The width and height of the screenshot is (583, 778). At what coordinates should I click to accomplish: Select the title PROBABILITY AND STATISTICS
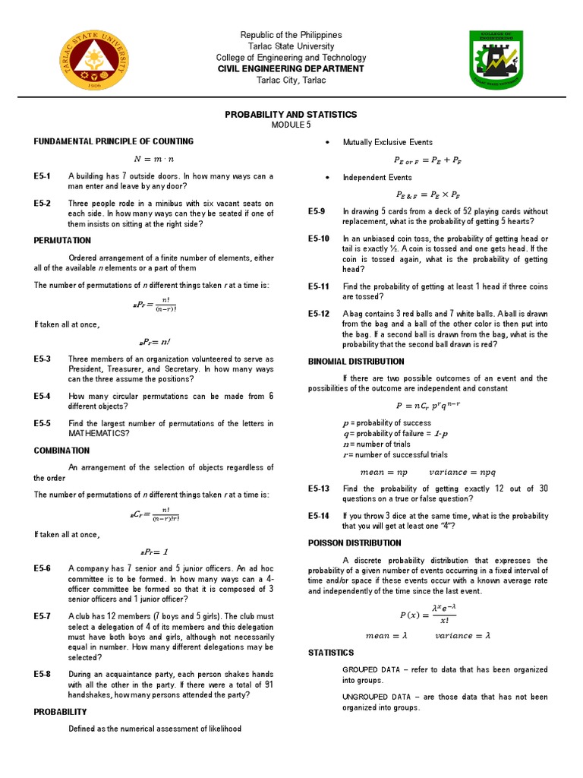[x=291, y=115]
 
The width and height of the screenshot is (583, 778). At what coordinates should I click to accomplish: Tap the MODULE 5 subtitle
[x=291, y=126]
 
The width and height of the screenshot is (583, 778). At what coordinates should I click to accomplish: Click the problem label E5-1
[x=42, y=176]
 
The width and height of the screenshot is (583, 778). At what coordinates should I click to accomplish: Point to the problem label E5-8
[x=42, y=674]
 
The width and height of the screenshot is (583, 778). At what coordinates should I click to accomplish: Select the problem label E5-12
[x=318, y=314]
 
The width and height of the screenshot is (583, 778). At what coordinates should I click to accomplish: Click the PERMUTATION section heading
[x=62, y=240]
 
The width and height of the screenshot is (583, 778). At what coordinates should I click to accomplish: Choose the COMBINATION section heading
[x=61, y=451]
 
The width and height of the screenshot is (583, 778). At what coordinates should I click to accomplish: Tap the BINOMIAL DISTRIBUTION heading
[x=355, y=362]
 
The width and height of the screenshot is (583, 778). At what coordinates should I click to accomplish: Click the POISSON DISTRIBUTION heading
[x=354, y=543]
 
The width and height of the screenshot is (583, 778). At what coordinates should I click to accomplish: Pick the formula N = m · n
[x=154, y=159]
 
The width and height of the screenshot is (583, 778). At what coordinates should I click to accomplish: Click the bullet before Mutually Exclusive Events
[x=327, y=143]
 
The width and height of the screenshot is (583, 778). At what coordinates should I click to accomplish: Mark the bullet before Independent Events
[x=327, y=178]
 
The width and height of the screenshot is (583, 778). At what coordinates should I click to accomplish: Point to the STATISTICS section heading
[x=330, y=653]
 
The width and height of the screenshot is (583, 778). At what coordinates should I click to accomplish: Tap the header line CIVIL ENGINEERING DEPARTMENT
[x=291, y=69]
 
